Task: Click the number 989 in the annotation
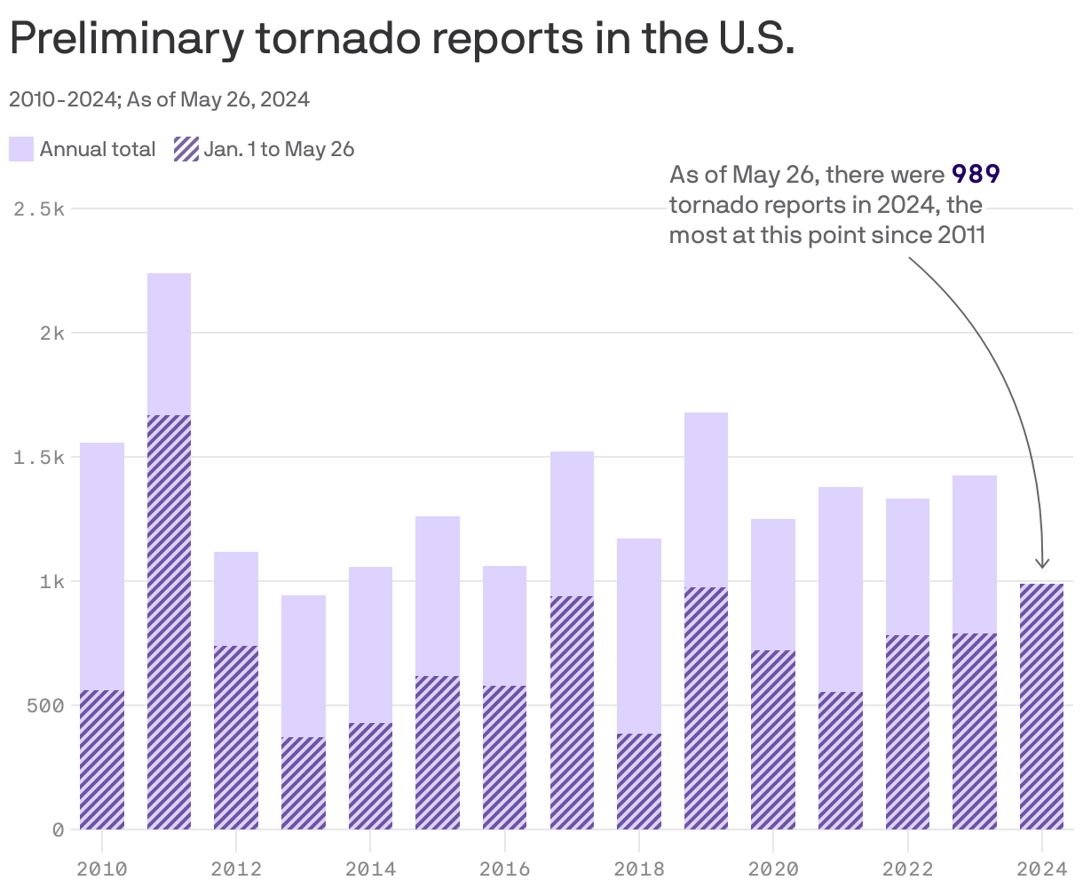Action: click(976, 174)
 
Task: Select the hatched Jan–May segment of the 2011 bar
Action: click(169, 621)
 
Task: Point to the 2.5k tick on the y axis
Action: click(40, 209)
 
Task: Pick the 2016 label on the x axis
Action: click(504, 868)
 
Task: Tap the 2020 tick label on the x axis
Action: click(773, 868)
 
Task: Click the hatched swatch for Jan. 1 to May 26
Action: click(186, 149)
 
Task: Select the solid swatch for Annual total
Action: click(21, 149)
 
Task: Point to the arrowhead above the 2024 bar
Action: click(1043, 563)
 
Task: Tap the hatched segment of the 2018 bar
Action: click(639, 781)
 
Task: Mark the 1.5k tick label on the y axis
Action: click(40, 458)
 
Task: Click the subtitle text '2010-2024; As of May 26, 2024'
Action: click(159, 99)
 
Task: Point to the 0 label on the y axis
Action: click(58, 830)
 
